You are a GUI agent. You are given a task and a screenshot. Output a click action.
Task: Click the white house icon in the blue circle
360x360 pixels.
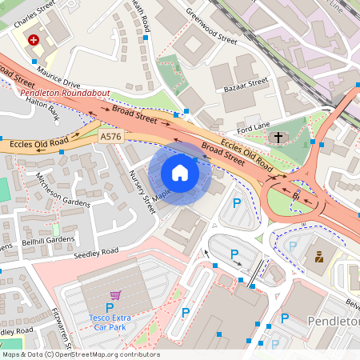(180, 173)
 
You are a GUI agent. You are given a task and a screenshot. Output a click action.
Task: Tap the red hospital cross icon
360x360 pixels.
(34, 39)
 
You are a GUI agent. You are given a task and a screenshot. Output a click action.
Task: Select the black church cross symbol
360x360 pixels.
(278, 138)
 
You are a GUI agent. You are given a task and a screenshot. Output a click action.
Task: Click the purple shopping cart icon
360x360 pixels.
(115, 294)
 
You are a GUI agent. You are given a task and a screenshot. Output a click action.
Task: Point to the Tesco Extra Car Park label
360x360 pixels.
(110, 322)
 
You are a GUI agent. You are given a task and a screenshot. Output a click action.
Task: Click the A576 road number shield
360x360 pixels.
(111, 138)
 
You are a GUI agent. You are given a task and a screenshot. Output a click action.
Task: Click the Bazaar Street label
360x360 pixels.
(245, 82)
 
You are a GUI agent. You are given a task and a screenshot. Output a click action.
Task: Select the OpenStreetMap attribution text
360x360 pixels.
(81, 354)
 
